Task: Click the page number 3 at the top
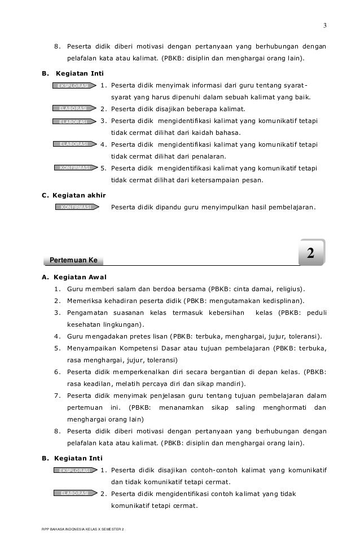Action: (x=324, y=25)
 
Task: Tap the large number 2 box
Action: (x=310, y=253)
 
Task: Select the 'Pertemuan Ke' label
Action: (x=73, y=260)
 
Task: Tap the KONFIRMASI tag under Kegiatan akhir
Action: (x=76, y=207)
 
